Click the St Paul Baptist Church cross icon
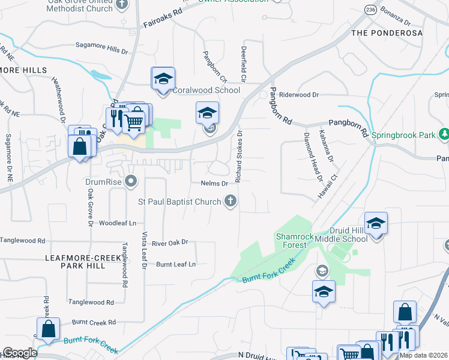[230, 202]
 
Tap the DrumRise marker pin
[132, 181]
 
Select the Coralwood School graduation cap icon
[162, 79]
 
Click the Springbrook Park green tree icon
[444, 134]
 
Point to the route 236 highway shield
[371, 11]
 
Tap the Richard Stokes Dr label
[238, 157]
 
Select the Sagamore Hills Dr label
[102, 44]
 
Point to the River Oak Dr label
[170, 243]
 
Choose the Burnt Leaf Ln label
[176, 264]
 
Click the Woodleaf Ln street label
[118, 223]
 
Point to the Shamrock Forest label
[295, 241]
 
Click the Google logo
[20, 353]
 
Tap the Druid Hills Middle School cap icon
[376, 224]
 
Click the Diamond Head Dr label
[313, 158]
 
